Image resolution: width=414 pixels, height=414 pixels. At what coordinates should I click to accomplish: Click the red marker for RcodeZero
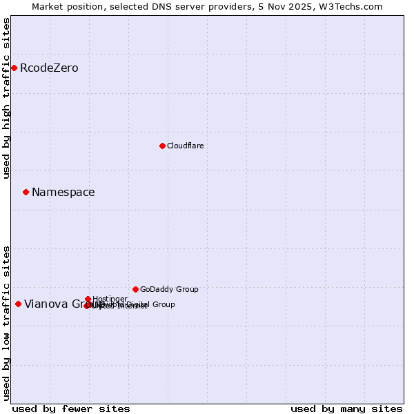(14, 68)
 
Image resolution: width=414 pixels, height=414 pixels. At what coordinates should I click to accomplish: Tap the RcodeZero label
(49, 68)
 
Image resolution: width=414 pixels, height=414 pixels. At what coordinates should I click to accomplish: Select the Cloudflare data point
(162, 146)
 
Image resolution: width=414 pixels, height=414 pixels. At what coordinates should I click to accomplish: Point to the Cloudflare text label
(185, 146)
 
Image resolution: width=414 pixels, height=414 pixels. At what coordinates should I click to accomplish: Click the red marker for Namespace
(26, 192)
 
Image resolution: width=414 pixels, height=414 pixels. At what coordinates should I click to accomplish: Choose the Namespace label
(63, 193)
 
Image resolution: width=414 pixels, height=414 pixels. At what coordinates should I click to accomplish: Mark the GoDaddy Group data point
(135, 289)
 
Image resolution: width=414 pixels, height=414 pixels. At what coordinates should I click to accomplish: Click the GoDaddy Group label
(168, 290)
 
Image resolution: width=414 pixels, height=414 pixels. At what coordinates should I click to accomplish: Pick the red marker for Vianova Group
(18, 304)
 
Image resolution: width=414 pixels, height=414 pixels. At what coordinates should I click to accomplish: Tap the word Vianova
(44, 304)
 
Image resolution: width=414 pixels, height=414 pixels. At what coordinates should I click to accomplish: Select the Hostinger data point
(88, 299)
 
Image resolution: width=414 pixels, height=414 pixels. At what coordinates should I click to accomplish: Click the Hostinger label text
(110, 299)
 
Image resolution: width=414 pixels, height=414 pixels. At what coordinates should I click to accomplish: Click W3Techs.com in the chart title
(353, 6)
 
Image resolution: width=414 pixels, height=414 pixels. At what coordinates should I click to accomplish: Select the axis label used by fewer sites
(71, 408)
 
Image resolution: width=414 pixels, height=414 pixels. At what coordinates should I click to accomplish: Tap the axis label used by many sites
(346, 408)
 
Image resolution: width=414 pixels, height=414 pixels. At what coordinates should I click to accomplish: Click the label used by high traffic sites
(7, 98)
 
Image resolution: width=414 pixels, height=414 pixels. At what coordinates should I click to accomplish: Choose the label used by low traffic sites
(7, 323)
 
